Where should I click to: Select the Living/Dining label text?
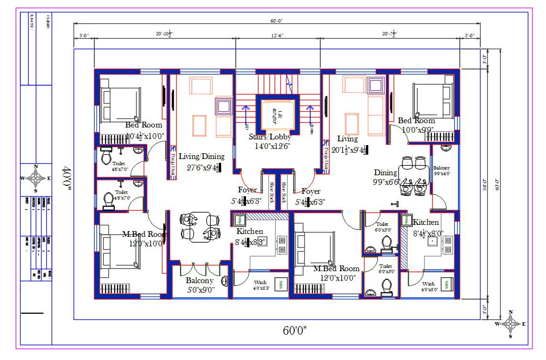(201, 156)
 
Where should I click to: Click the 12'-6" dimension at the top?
(278, 34)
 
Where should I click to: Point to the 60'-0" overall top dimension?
(277, 21)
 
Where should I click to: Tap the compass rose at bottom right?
(511, 324)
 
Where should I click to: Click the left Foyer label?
(247, 191)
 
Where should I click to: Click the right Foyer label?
(310, 191)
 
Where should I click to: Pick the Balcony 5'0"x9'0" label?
(200, 285)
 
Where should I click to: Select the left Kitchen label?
(250, 232)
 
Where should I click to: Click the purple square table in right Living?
(375, 86)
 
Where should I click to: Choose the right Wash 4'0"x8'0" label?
(428, 286)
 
